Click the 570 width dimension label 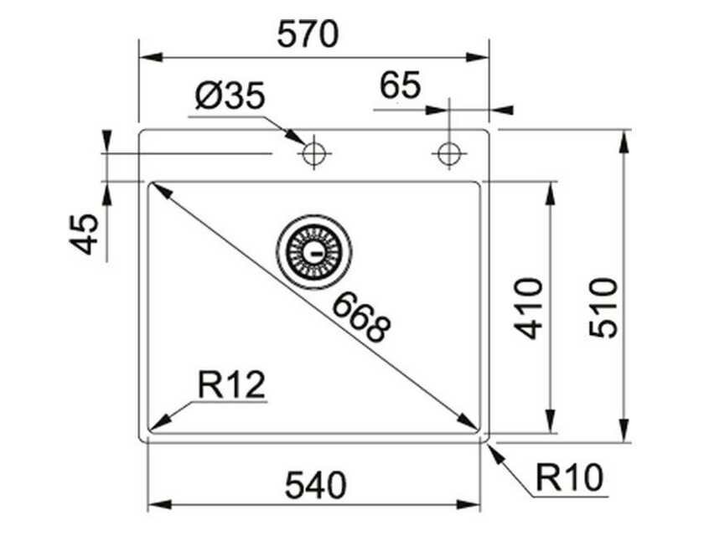pyautogui.click(x=311, y=34)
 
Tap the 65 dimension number pyautogui.click(x=401, y=85)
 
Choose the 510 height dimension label pyautogui.click(x=603, y=307)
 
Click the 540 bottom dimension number pyautogui.click(x=315, y=484)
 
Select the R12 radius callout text pyautogui.click(x=232, y=385)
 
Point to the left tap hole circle pyautogui.click(x=314, y=153)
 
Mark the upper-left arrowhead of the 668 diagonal pyautogui.click(x=158, y=192)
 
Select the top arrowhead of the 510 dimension pyautogui.click(x=624, y=139)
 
